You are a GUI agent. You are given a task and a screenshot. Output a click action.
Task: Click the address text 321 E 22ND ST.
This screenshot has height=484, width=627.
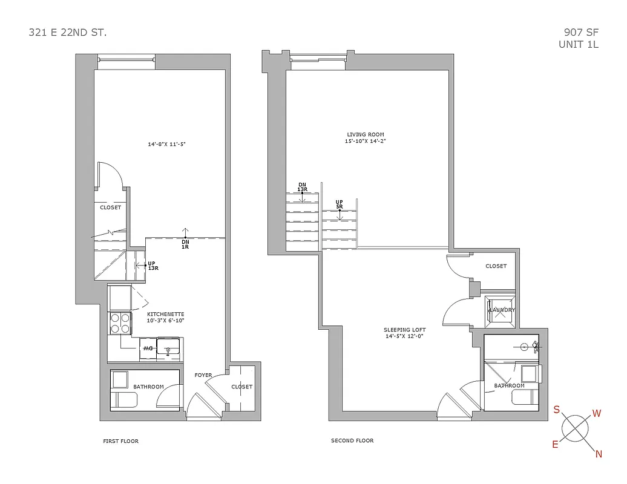point(68,32)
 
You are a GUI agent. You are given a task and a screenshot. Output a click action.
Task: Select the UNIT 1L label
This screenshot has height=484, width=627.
point(578,44)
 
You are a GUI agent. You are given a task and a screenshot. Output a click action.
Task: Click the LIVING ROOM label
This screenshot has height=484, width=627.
point(365,134)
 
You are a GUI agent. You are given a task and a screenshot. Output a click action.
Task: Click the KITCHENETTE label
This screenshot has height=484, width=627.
point(165,315)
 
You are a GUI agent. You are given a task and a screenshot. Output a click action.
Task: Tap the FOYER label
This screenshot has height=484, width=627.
point(203,375)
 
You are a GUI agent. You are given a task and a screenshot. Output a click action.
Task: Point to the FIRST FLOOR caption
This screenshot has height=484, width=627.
point(120,441)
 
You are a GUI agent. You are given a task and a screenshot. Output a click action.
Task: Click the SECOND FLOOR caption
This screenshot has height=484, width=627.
point(352,440)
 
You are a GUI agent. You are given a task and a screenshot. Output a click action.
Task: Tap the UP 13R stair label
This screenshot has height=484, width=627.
point(153,266)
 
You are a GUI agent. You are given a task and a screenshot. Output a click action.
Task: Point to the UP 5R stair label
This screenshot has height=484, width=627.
point(340,204)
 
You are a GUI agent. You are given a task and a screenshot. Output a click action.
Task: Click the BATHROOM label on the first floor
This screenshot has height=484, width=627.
point(149,387)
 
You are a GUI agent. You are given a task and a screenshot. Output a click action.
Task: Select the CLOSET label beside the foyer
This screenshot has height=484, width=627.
point(242,387)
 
